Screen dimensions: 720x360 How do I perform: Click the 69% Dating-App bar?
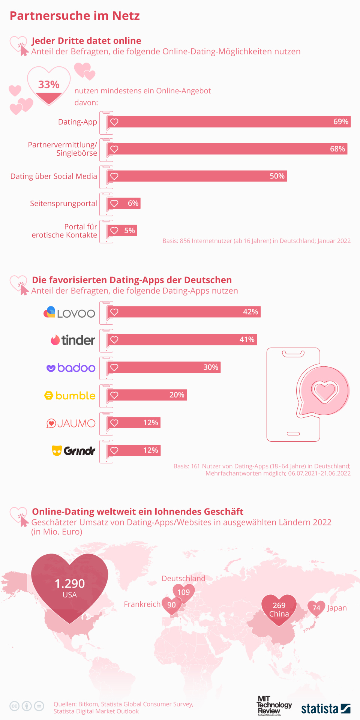(x=229, y=122)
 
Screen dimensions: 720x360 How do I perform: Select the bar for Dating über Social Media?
(x=197, y=176)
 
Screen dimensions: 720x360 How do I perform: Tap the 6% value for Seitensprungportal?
(x=133, y=203)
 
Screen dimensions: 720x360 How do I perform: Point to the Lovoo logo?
(x=69, y=313)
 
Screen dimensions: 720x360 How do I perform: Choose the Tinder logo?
(x=73, y=340)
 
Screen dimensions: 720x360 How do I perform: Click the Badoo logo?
(x=71, y=368)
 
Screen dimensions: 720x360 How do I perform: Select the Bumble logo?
(x=70, y=396)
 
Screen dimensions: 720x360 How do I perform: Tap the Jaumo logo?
(x=71, y=423)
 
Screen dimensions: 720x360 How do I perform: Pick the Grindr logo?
(x=73, y=450)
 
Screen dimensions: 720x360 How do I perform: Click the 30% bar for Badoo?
(x=164, y=367)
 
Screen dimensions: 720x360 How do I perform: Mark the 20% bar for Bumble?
(x=147, y=395)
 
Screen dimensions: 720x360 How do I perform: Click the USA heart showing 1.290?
(x=70, y=587)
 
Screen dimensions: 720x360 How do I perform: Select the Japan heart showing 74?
(x=316, y=608)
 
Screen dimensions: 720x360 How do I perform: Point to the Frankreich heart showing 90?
(x=172, y=605)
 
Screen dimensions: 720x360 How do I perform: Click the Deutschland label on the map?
(x=183, y=578)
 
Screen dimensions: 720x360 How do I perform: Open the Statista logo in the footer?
(x=325, y=708)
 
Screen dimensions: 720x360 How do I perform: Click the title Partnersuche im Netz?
(x=75, y=16)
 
